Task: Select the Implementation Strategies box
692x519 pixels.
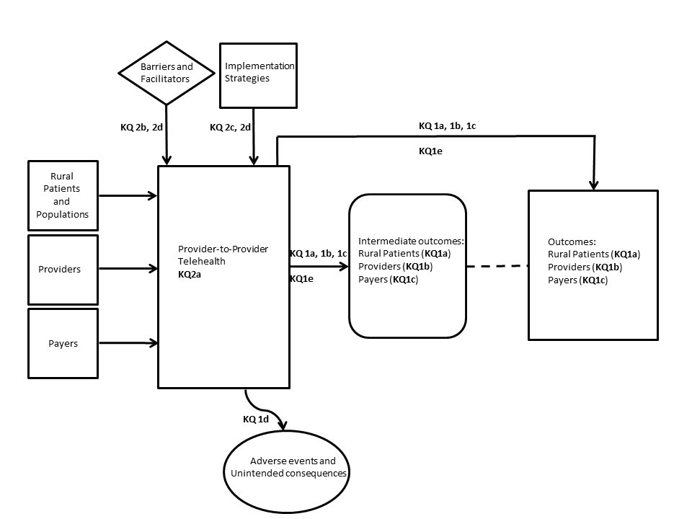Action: coord(258,73)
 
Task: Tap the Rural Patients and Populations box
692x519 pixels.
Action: coord(63,195)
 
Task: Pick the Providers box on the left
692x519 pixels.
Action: coord(63,269)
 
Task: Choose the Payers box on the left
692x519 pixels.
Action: coord(63,343)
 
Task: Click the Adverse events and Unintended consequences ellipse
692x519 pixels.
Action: coord(288,466)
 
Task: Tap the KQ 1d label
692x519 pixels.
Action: coord(256,419)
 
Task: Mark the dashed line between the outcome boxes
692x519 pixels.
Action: coord(497,267)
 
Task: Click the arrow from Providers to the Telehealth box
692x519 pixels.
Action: coord(128,269)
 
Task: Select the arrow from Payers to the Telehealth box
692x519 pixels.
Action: coord(128,343)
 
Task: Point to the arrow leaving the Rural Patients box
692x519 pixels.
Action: coord(128,195)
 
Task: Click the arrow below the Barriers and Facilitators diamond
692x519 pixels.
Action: coord(167,133)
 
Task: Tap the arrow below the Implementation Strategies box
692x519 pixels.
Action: coord(254,137)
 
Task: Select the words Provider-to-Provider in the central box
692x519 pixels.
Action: coord(223,249)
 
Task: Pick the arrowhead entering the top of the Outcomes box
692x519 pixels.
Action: coord(593,185)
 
